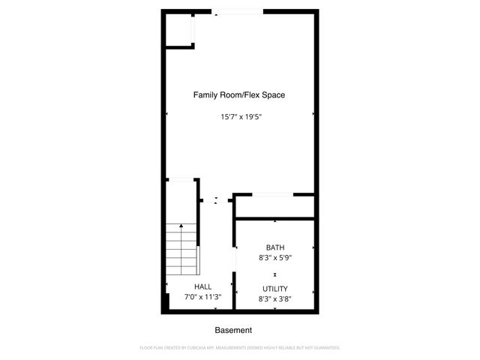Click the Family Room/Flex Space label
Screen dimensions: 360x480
coord(239,95)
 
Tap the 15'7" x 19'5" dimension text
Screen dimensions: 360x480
coord(239,116)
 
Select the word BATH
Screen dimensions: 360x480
coord(275,247)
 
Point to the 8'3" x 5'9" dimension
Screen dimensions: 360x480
coord(275,257)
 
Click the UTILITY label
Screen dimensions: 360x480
coord(275,289)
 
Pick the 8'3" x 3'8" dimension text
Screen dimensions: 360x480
coord(275,298)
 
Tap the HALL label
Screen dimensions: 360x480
coord(202,286)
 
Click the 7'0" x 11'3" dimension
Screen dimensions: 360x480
coord(202,296)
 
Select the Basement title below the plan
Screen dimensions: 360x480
coord(233,330)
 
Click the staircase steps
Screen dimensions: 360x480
coord(181,251)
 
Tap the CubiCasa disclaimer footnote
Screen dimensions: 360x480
coord(240,348)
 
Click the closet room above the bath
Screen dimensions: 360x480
coord(274,207)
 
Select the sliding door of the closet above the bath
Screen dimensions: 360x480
coord(271,195)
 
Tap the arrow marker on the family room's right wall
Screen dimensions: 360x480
coord(313,113)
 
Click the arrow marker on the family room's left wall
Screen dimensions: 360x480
coord(166,113)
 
